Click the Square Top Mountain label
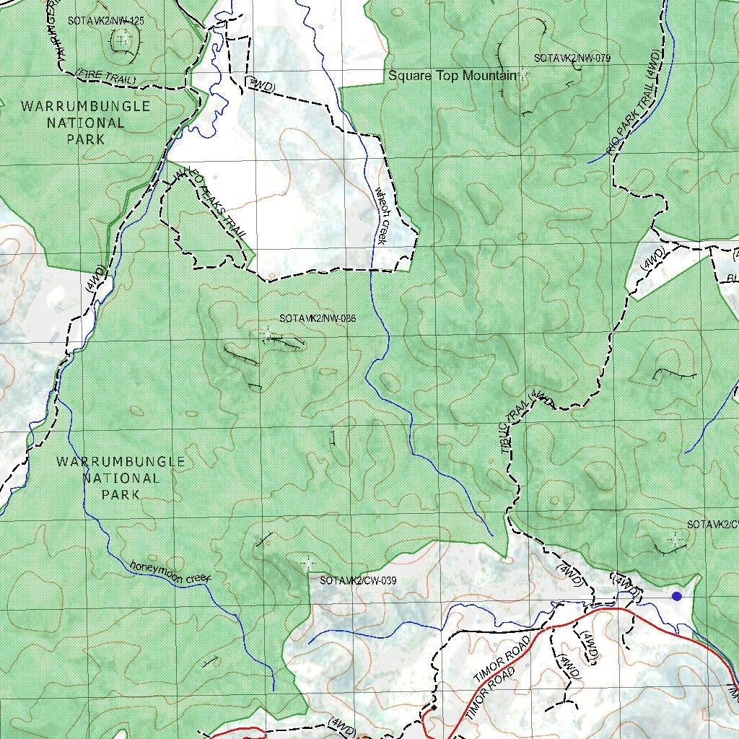pyautogui.click(x=452, y=76)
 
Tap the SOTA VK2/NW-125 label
pyautogui.click(x=105, y=21)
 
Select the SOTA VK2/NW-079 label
pyautogui.click(x=572, y=58)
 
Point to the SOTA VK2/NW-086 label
pyautogui.click(x=318, y=318)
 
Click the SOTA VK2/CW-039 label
pyautogui.click(x=358, y=580)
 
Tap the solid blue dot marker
pyautogui.click(x=676, y=596)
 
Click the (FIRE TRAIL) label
pyautogui.click(x=106, y=75)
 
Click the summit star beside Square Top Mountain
pyautogui.click(x=522, y=75)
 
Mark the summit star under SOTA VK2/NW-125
pyautogui.click(x=123, y=38)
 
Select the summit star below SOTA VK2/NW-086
pyautogui.click(x=268, y=334)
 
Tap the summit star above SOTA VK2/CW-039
pyautogui.click(x=308, y=562)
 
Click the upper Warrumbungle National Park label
pyautogui.click(x=86, y=123)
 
